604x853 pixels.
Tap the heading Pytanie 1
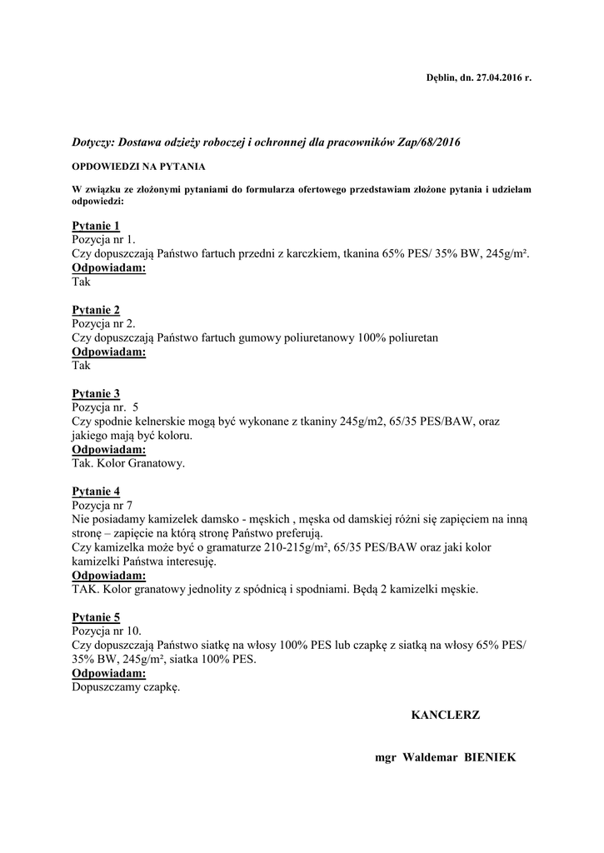(96, 226)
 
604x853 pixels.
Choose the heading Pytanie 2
(96, 310)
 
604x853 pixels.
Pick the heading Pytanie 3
(96, 393)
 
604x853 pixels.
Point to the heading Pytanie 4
(96, 491)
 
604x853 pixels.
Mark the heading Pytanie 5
(96, 617)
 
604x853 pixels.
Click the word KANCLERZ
(446, 715)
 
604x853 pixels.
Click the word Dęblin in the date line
(440, 77)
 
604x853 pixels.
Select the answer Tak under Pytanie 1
(81, 282)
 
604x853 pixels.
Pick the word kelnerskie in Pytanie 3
(170, 422)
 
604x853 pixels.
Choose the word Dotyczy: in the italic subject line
(96, 143)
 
